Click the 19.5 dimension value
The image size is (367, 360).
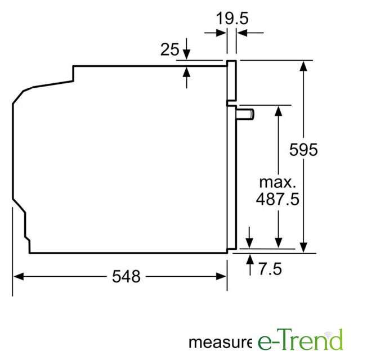click(232, 18)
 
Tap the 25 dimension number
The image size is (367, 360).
click(169, 49)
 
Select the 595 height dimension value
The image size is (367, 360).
click(303, 150)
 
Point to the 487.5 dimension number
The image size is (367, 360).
click(278, 199)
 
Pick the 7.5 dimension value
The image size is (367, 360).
click(270, 269)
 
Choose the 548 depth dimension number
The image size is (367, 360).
click(126, 277)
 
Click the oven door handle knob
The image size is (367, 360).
click(245, 114)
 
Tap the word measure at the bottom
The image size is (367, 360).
click(220, 342)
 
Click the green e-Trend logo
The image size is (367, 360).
click(300, 340)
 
